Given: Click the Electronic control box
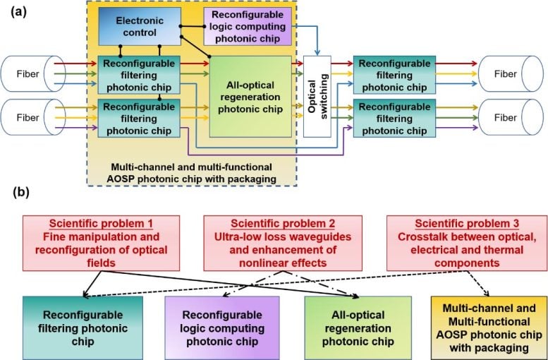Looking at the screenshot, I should [139, 26].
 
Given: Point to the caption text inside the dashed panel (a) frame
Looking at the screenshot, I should [193, 173].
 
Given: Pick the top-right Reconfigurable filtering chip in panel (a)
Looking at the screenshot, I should [394, 75].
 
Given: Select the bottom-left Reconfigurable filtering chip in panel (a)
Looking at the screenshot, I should [139, 117].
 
